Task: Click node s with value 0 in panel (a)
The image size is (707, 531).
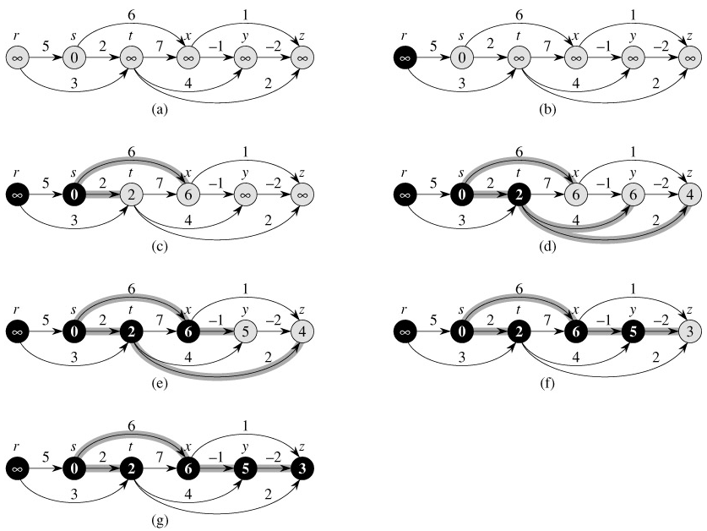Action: tap(73, 58)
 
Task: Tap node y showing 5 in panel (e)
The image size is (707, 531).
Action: tap(245, 330)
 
